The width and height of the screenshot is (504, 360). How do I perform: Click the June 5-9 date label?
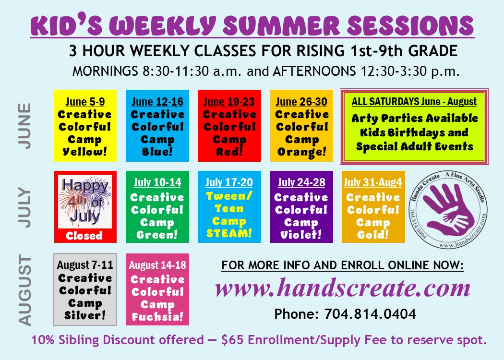pos(85,102)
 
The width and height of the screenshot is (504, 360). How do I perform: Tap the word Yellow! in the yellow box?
pos(85,151)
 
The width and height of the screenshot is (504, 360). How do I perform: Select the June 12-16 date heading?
pos(157,102)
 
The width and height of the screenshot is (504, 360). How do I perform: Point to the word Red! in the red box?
pos(229,151)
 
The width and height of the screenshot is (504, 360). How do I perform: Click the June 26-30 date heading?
pos(301,102)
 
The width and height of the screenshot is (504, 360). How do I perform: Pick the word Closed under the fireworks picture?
pos(84,236)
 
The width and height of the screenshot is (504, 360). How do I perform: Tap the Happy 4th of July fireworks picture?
pos(85,202)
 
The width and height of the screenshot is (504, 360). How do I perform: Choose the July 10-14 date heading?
pos(157,182)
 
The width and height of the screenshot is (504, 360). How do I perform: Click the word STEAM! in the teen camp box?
pos(229,233)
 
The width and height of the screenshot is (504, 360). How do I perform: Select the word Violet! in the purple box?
pos(301,235)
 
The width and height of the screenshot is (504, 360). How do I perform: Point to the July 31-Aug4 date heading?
pos(373,182)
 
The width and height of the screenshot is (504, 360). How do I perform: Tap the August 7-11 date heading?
pos(85,265)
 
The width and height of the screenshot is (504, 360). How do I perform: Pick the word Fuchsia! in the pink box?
pos(157,317)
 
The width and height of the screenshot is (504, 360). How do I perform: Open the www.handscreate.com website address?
pos(343,288)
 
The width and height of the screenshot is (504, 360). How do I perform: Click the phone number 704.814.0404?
pos(370,314)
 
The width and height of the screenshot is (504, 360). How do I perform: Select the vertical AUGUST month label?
pos(25,290)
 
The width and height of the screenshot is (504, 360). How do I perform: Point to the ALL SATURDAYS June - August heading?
pos(414,102)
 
